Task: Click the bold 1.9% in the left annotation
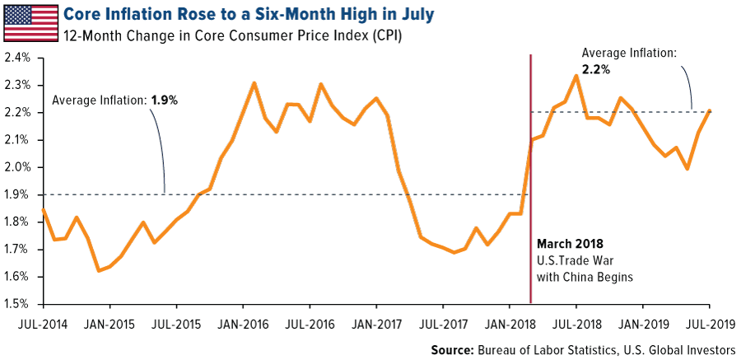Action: tap(164, 100)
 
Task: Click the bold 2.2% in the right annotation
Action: tap(594, 70)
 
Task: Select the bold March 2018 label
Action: tap(570, 244)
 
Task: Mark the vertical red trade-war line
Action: tap(530, 181)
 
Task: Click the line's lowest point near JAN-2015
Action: tap(98, 270)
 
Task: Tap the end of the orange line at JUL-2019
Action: tap(711, 111)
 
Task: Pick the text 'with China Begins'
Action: tap(585, 277)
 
